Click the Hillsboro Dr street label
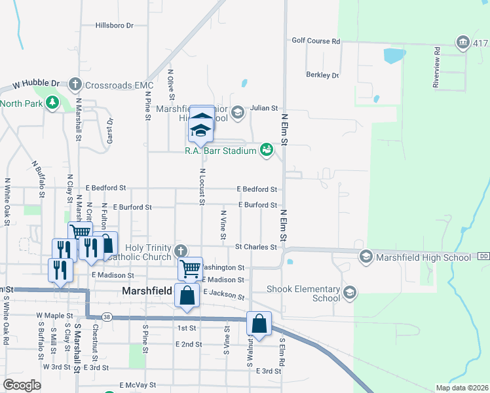[114, 26]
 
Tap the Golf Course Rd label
[316, 41]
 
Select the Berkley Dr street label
[322, 75]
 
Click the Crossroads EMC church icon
[75, 84]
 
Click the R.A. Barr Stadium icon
[266, 150]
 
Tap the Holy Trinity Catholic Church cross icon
[181, 250]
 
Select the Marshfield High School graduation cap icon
[366, 257]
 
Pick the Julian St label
[264, 108]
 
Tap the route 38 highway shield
[106, 316]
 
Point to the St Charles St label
[256, 247]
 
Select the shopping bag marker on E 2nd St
[259, 324]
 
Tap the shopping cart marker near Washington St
[190, 268]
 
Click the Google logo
[22, 385]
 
